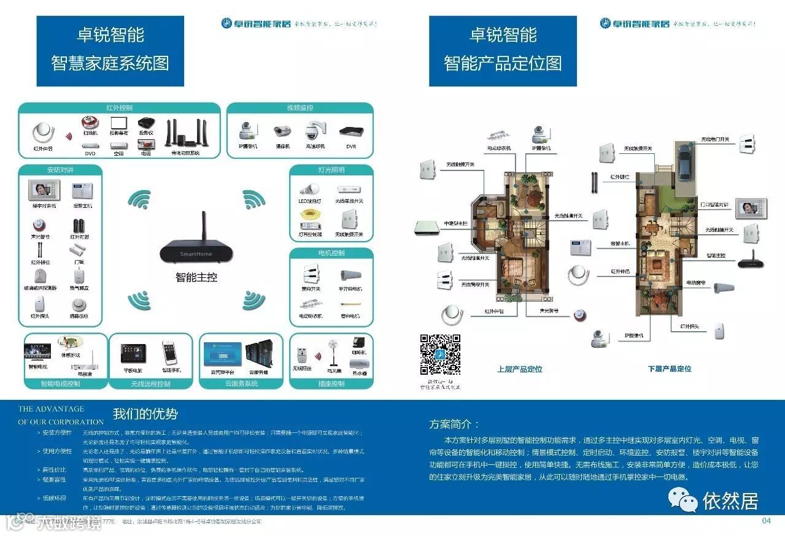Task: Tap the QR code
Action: pyautogui.click(x=439, y=354)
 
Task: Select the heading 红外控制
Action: pyautogui.click(x=119, y=108)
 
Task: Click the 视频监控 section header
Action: pyautogui.click(x=300, y=108)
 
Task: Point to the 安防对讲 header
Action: pyautogui.click(x=60, y=169)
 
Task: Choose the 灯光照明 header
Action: pyautogui.click(x=331, y=169)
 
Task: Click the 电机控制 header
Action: pyautogui.click(x=331, y=253)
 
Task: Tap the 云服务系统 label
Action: pyautogui.click(x=241, y=384)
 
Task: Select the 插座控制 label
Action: pyautogui.click(x=331, y=384)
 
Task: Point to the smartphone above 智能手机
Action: pyautogui.click(x=170, y=353)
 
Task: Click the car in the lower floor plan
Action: pyautogui.click(x=686, y=158)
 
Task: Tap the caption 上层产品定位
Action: pyautogui.click(x=519, y=369)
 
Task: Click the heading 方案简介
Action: pyautogui.click(x=454, y=424)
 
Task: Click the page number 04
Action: pyautogui.click(x=766, y=521)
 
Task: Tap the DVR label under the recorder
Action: pyautogui.click(x=350, y=147)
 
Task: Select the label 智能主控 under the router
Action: pyautogui.click(x=196, y=278)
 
